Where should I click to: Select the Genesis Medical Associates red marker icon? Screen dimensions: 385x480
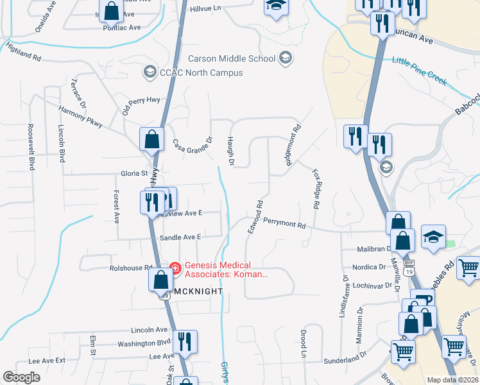pyautogui.click(x=174, y=267)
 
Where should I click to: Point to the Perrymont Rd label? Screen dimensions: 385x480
pyautogui.click(x=284, y=225)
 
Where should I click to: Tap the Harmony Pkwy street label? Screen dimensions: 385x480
pyautogui.click(x=80, y=117)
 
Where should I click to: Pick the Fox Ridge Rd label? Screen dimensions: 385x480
pyautogui.click(x=315, y=189)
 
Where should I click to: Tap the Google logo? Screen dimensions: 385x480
pyautogui.click(x=21, y=377)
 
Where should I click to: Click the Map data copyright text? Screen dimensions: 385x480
pyautogui.click(x=453, y=380)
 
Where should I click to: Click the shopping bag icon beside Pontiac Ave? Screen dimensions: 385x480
pyautogui.click(x=112, y=11)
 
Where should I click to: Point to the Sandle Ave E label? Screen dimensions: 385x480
pyautogui.click(x=180, y=237)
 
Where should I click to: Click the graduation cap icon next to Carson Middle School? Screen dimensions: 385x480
pyautogui.click(x=286, y=58)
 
